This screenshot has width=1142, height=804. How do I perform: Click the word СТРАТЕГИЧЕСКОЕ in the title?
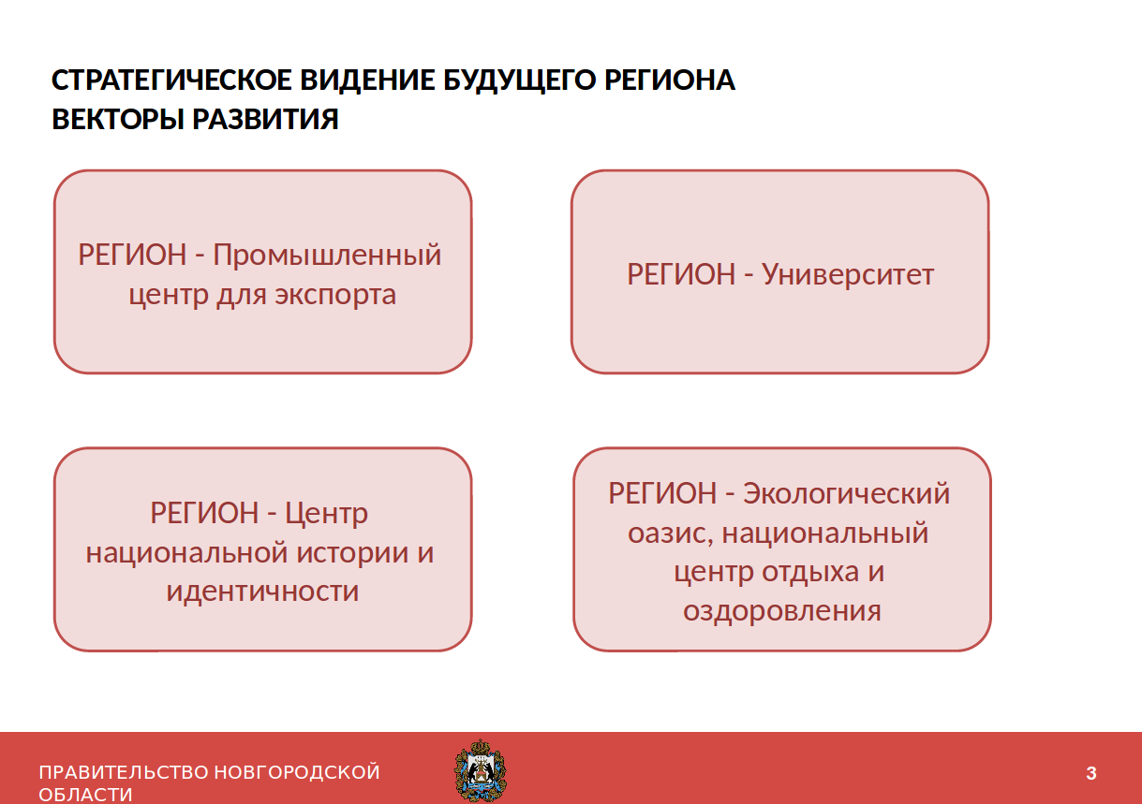[171, 80]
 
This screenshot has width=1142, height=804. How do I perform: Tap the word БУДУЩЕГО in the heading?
[520, 81]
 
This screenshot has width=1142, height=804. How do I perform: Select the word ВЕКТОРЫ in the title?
[118, 119]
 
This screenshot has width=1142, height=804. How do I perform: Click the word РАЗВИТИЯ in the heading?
[266, 119]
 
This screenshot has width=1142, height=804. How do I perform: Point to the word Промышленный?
[327, 256]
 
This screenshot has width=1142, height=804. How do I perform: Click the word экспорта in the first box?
[335, 296]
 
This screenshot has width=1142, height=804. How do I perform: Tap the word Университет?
[848, 275]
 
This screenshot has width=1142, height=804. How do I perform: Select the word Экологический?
[846, 493]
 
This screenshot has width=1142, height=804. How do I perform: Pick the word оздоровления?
[782, 611]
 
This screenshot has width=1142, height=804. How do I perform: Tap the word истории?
[352, 553]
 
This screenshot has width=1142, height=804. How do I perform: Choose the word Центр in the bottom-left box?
[326, 514]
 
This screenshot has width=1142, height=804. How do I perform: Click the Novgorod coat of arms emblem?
[481, 771]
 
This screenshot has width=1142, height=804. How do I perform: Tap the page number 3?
[1091, 773]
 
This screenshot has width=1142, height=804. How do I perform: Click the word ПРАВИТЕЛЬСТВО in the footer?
[124, 772]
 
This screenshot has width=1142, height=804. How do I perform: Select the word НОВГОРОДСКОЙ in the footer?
[297, 772]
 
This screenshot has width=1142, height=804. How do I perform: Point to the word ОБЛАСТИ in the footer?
[85, 795]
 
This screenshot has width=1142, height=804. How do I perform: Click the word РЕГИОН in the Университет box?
[681, 274]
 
